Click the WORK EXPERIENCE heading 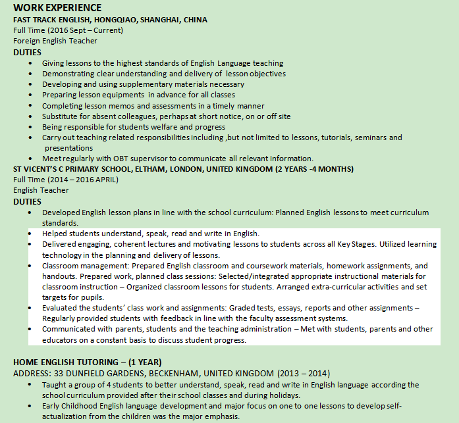[x=57, y=8]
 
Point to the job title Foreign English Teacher [x=55, y=41]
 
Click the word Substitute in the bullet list [x=61, y=116]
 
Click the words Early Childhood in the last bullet [x=72, y=405]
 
